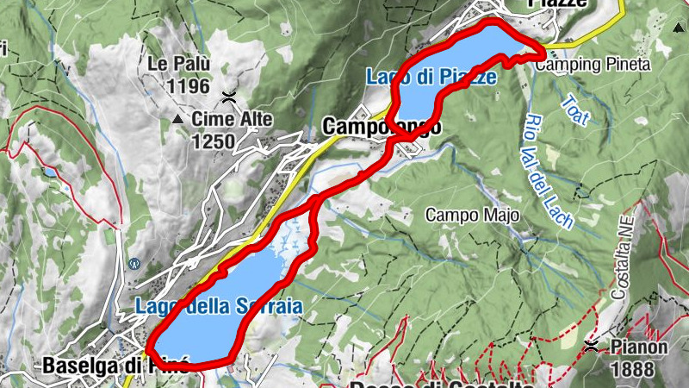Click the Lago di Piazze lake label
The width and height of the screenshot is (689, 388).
click(x=431, y=77)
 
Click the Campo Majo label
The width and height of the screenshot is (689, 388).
click(x=472, y=215)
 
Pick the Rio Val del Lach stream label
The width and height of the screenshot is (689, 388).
click(x=548, y=172)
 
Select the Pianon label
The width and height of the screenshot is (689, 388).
click(x=639, y=347)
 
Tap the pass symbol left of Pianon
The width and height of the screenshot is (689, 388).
click(x=592, y=347)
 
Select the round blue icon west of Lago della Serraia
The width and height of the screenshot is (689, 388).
click(x=133, y=264)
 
